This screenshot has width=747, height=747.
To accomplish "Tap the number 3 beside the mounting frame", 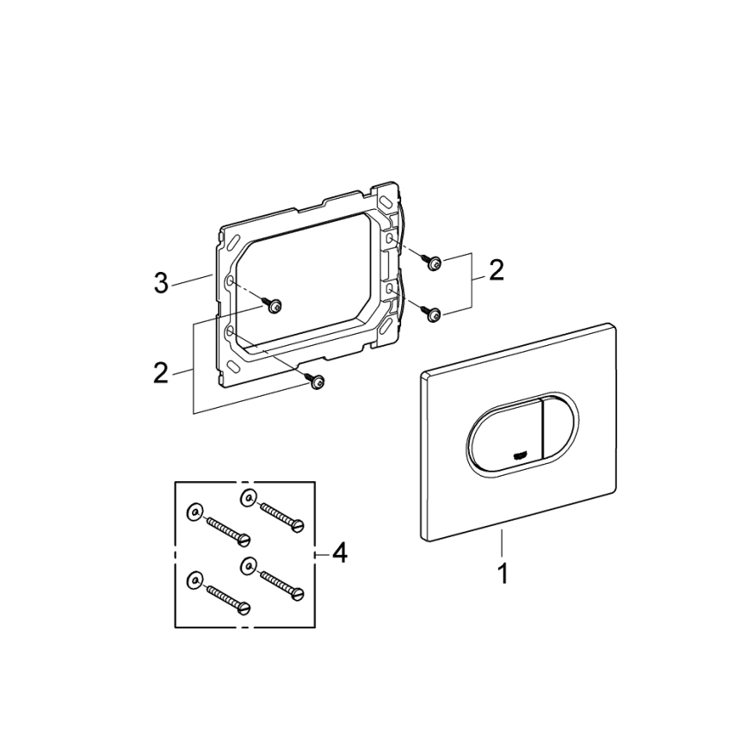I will click(161, 282).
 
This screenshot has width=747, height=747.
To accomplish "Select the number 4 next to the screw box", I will click(339, 553).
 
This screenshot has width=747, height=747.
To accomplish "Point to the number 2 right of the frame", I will click(496, 271).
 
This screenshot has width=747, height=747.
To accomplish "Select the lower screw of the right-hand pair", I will click(435, 314).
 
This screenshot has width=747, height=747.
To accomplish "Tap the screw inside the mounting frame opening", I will click(275, 306).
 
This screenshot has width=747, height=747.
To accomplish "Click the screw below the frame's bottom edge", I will click(317, 380).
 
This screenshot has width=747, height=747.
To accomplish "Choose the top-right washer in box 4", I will click(248, 495).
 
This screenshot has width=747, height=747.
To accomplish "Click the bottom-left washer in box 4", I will click(194, 577).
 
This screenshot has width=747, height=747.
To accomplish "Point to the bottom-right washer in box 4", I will click(248, 565).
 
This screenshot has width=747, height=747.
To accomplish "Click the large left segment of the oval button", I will click(501, 435).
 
